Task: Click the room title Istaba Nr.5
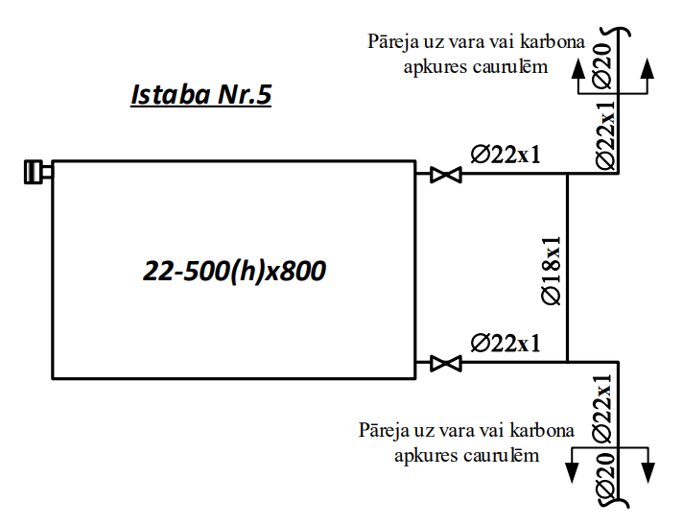tap(201, 95)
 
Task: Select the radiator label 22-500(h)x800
tap(234, 271)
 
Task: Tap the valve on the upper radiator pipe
tap(446, 175)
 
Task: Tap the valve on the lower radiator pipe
tap(446, 363)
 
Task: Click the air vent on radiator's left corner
tap(37, 172)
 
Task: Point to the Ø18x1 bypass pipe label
tap(551, 271)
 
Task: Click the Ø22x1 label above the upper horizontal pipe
tap(506, 155)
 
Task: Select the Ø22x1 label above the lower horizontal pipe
tap(506, 343)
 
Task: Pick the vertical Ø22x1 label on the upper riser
tap(605, 135)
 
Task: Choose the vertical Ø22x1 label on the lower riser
tap(602, 409)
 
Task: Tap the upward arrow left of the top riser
tap(578, 76)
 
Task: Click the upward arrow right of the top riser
tap(648, 76)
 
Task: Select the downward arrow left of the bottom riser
tap(572, 465)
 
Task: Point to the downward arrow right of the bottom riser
tap(648, 465)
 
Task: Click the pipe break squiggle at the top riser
tap(615, 33)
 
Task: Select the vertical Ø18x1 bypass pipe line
tap(568, 268)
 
